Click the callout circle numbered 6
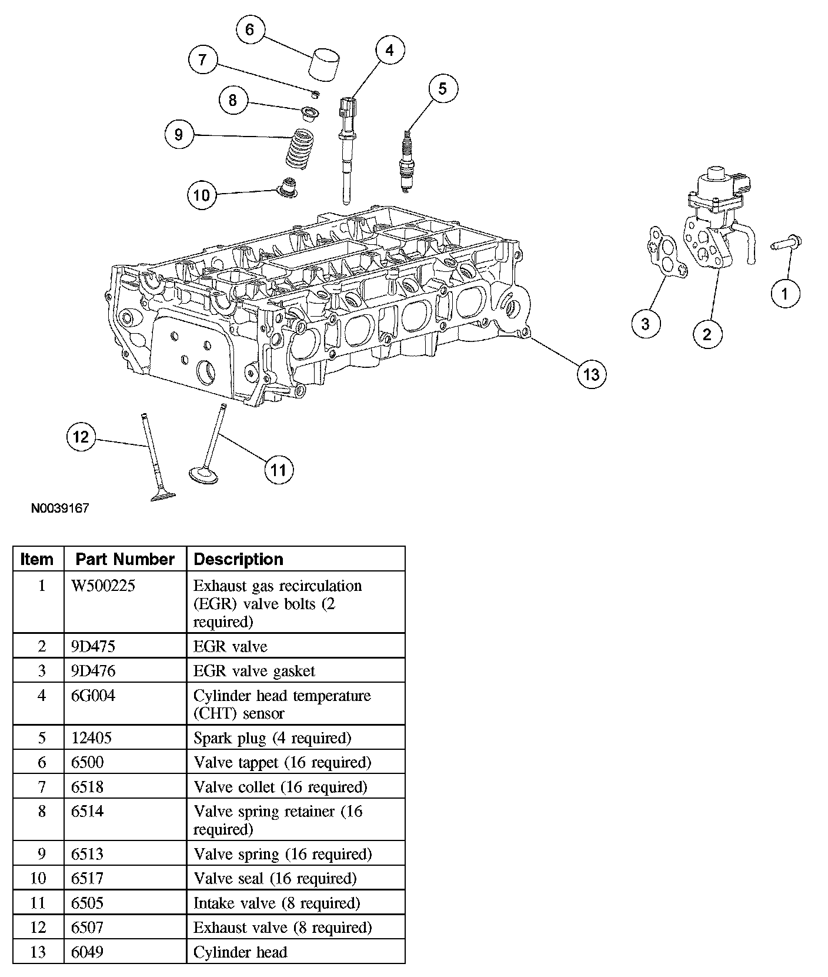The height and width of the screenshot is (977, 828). pyautogui.click(x=250, y=29)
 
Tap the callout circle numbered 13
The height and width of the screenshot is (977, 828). pyautogui.click(x=591, y=374)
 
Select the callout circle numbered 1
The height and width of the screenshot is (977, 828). pyautogui.click(x=786, y=293)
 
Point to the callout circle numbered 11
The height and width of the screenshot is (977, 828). pyautogui.click(x=278, y=470)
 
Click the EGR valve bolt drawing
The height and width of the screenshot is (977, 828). pyautogui.click(x=787, y=242)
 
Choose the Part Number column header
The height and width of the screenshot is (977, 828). pyautogui.click(x=125, y=559)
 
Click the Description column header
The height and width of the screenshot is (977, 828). pyautogui.click(x=238, y=559)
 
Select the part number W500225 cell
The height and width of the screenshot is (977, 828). pyautogui.click(x=103, y=586)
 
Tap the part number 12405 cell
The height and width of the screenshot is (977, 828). pyautogui.click(x=91, y=737)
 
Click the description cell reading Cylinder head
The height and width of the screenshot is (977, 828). pyautogui.click(x=240, y=952)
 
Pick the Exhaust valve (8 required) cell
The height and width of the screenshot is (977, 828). pyautogui.click(x=282, y=928)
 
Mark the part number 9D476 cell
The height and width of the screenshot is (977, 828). pyautogui.click(x=93, y=671)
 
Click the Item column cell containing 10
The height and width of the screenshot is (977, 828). pyautogui.click(x=38, y=879)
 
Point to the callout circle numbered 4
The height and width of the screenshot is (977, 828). pyautogui.click(x=389, y=51)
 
